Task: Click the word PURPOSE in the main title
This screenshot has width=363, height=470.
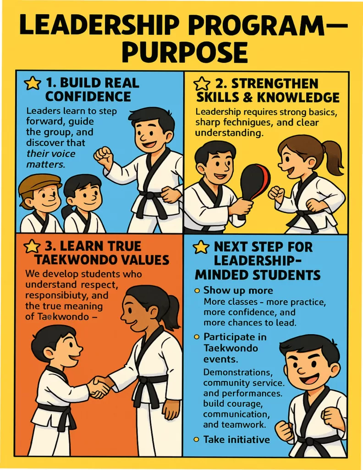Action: [x=185, y=51]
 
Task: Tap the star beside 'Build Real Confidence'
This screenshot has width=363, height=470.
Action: [x=33, y=84]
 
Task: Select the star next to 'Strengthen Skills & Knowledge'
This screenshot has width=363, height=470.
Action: [x=201, y=84]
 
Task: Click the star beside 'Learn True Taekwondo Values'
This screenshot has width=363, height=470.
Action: [x=32, y=246]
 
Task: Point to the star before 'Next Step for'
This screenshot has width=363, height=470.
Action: [x=201, y=247]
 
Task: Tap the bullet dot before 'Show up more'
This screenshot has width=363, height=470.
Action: [x=197, y=291]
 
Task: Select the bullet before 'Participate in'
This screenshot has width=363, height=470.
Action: [x=197, y=337]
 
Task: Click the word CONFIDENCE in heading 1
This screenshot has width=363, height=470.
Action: [x=88, y=97]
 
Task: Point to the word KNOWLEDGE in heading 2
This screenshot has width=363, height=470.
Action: [x=298, y=97]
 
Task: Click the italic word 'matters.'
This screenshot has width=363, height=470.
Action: [x=45, y=165]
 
